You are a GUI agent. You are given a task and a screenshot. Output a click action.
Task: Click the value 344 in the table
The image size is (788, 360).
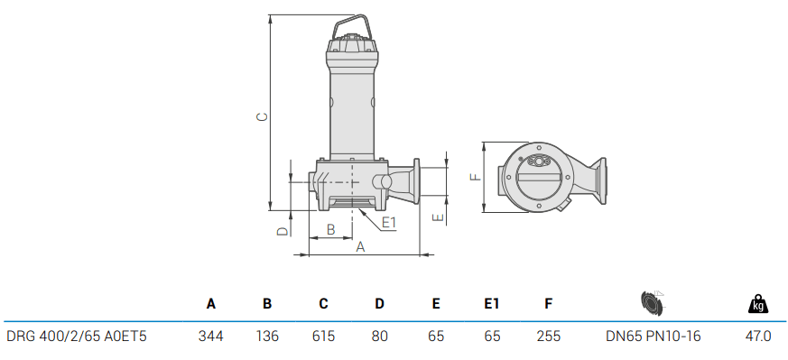pos(211,337)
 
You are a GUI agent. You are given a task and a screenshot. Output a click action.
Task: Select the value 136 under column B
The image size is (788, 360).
pos(267,337)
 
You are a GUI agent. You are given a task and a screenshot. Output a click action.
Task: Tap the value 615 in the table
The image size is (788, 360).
pos(323,337)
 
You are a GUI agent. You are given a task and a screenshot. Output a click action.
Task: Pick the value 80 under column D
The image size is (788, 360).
pos(380,337)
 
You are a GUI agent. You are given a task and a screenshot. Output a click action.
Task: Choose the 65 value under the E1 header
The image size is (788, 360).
pos(492,337)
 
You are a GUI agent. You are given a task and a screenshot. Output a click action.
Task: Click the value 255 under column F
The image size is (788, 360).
pos(548,337)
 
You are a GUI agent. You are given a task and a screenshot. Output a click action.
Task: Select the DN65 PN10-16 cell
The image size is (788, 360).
pos(653,337)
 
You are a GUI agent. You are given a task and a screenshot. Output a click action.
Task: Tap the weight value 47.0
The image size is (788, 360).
pos(758,337)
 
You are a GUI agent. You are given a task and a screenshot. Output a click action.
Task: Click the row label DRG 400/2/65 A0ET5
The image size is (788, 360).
pos(77,337)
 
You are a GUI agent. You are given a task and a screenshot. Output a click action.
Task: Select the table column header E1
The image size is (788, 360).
pos(492,305)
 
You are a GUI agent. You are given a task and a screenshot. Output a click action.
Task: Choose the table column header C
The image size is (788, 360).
pos(323,305)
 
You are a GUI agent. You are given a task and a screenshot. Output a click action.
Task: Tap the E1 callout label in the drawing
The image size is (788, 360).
pos(389,222)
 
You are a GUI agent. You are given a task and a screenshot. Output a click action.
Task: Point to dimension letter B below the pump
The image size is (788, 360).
pos(330,230)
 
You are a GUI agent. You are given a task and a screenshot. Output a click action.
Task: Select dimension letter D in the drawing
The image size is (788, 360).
pos(282,231)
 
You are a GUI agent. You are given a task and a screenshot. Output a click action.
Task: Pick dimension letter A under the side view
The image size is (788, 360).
pos(359,246)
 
